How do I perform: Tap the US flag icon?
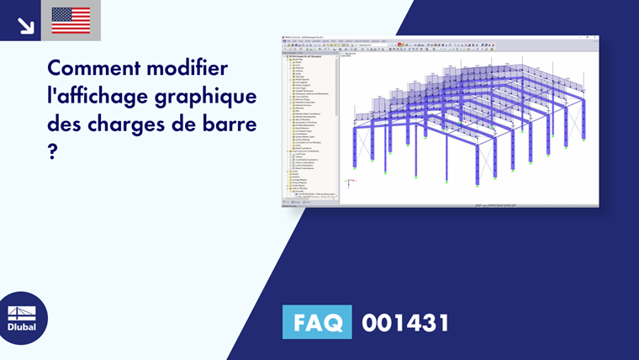pos(71,20)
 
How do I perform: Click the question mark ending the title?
pos(54,154)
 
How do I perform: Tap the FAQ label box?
pos(317,323)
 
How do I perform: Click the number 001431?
pos(405,323)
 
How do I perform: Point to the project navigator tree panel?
pos(309,126)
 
